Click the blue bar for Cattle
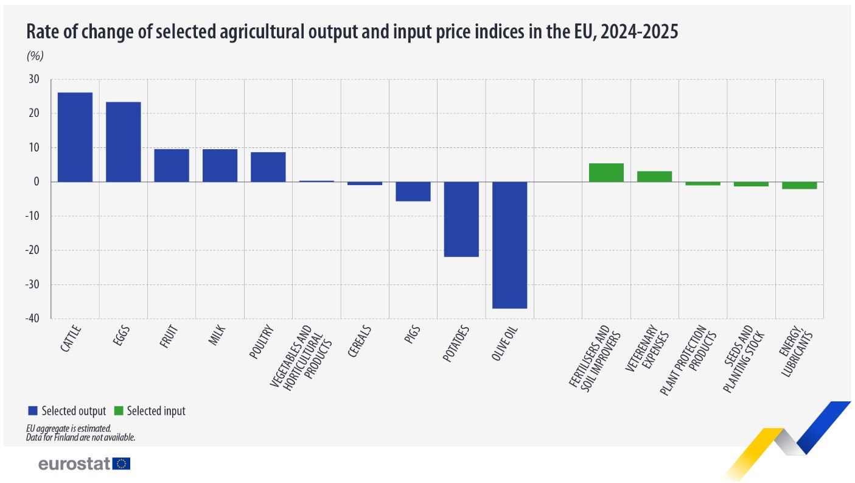click(75, 137)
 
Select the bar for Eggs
click(124, 142)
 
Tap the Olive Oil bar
click(509, 245)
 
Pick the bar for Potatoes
click(461, 219)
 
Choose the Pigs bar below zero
click(413, 191)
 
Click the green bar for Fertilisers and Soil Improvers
click(606, 173)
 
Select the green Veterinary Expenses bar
click(655, 177)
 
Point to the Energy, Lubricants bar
click(799, 185)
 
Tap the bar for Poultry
click(268, 167)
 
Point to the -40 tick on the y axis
click(32, 319)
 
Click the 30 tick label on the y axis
click(34, 79)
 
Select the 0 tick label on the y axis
click(37, 182)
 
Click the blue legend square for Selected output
click(33, 411)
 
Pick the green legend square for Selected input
click(119, 411)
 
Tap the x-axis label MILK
click(217, 336)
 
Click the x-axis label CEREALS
click(359, 341)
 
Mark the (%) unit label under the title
click(35, 56)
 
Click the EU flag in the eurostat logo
click(121, 464)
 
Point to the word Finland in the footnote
click(66, 437)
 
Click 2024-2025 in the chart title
click(640, 31)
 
